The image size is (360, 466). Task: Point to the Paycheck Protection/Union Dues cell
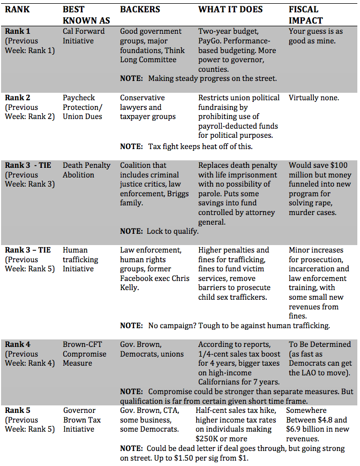[82, 107]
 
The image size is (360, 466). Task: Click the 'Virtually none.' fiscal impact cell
[314, 98]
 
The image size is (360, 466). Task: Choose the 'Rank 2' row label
[17, 98]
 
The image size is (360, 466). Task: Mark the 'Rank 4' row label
[17, 344]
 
